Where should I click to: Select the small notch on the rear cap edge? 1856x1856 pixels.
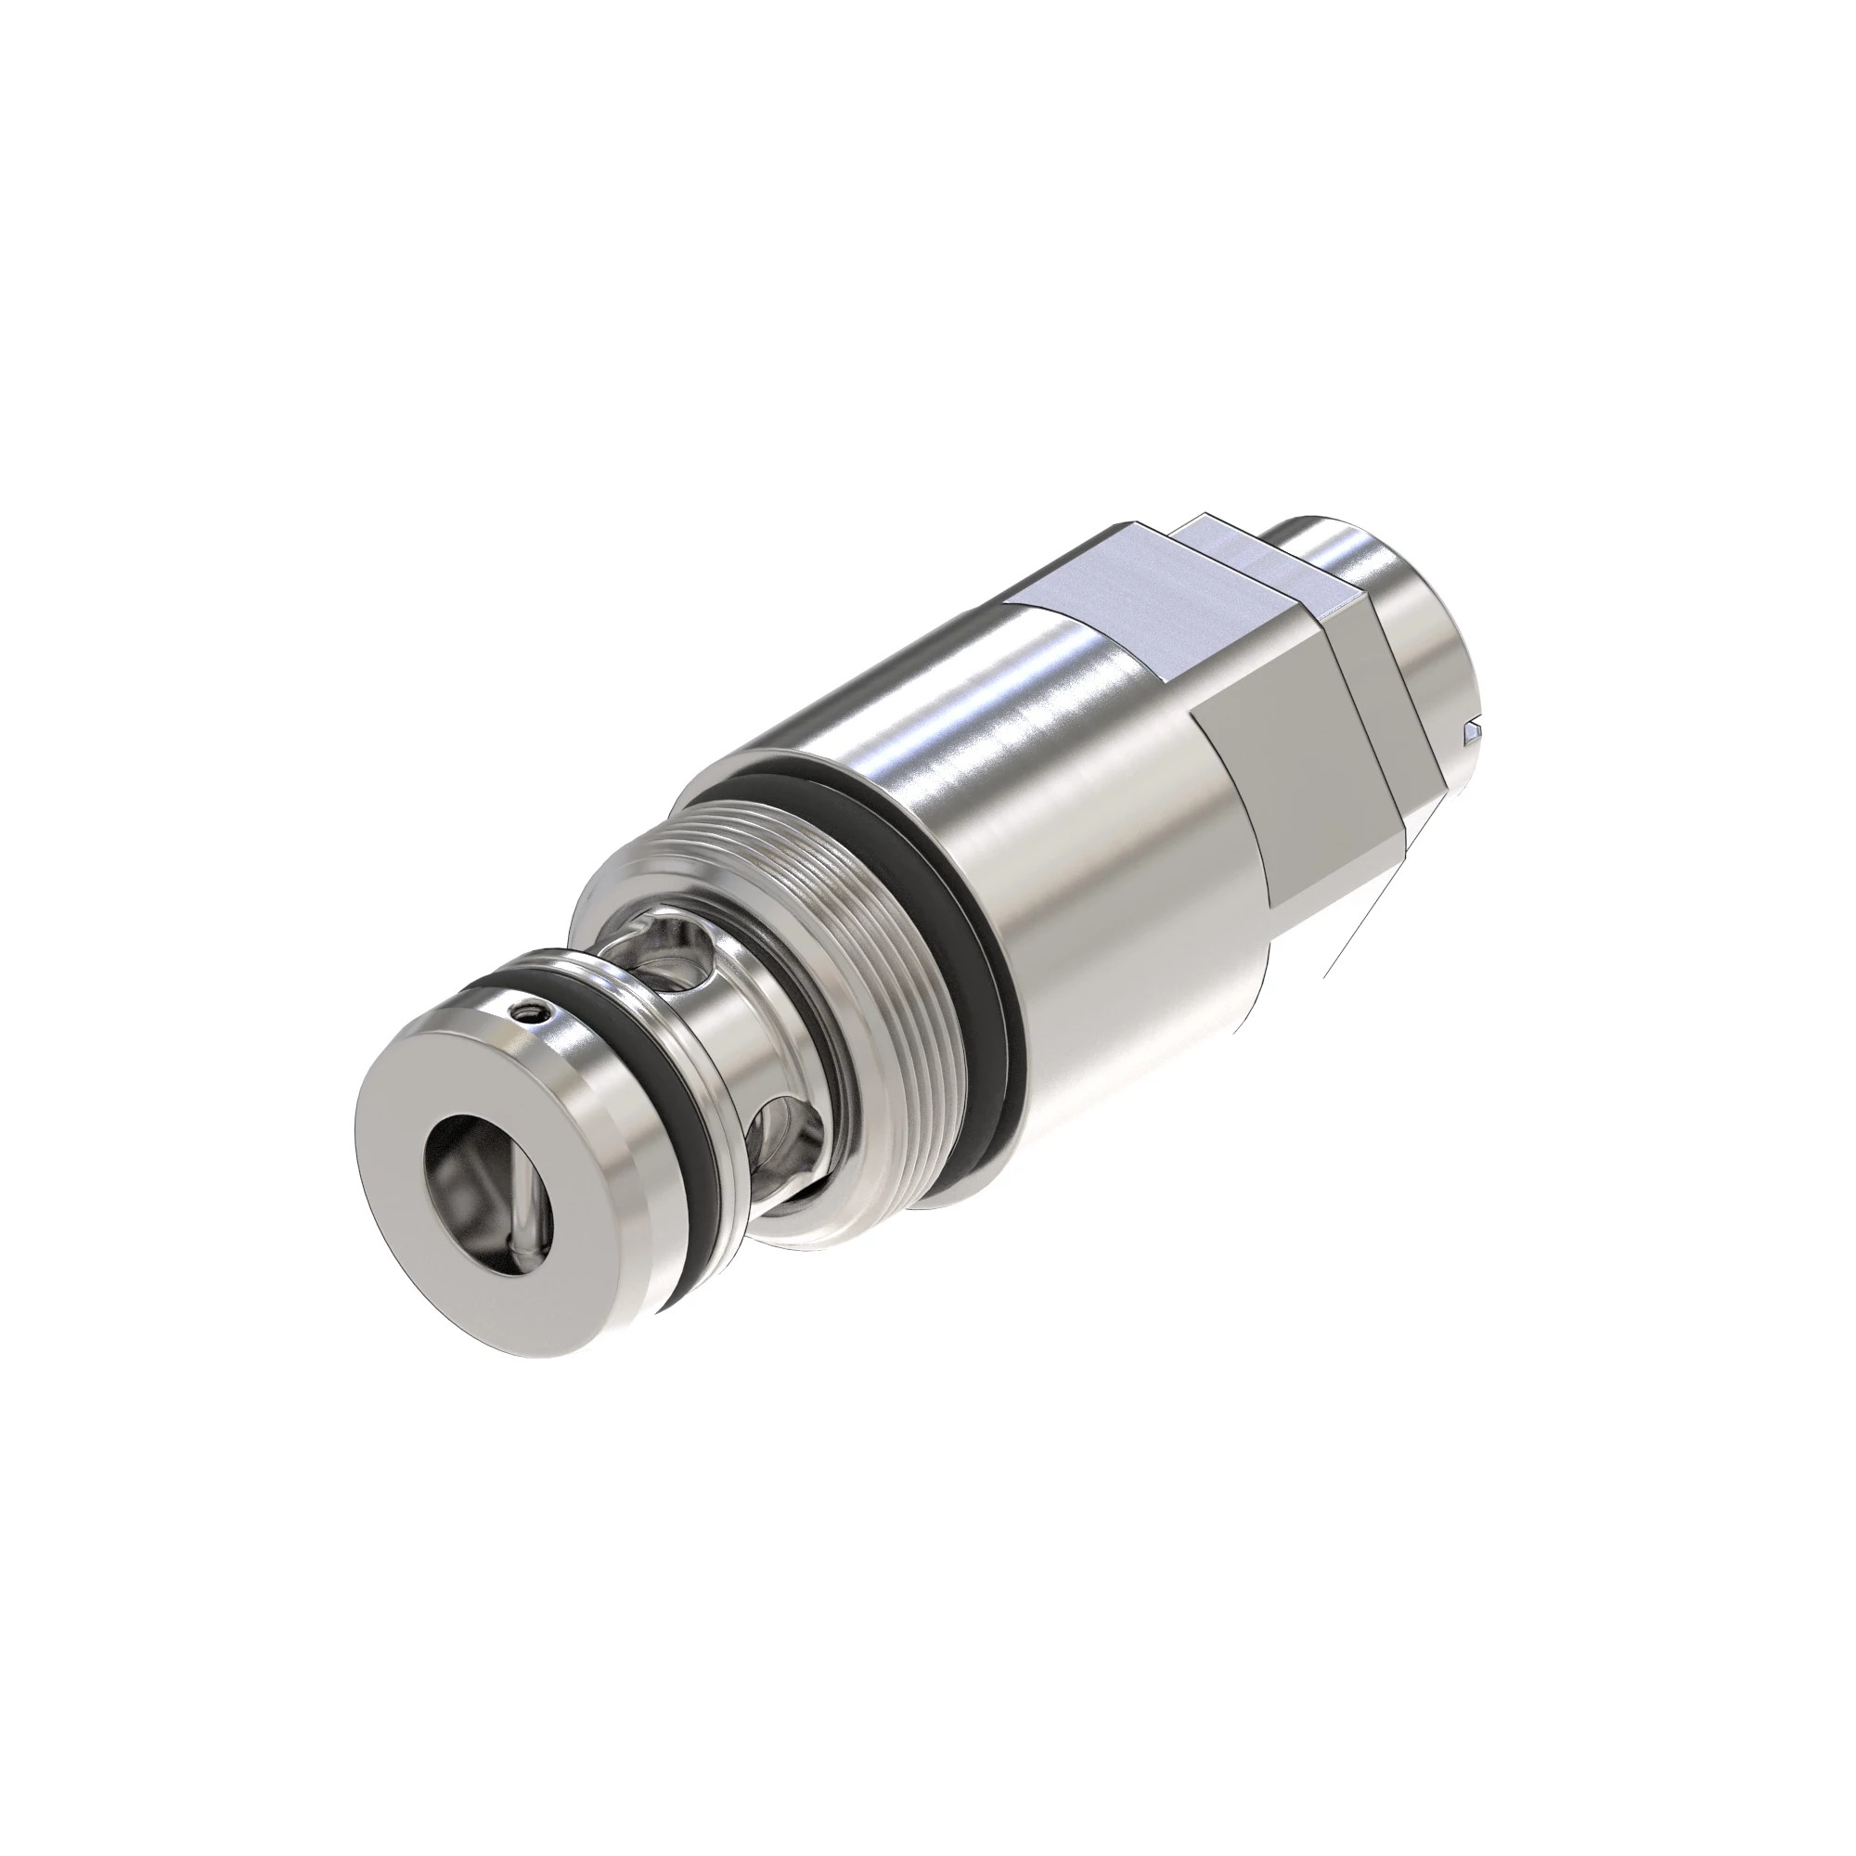click(x=1469, y=736)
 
